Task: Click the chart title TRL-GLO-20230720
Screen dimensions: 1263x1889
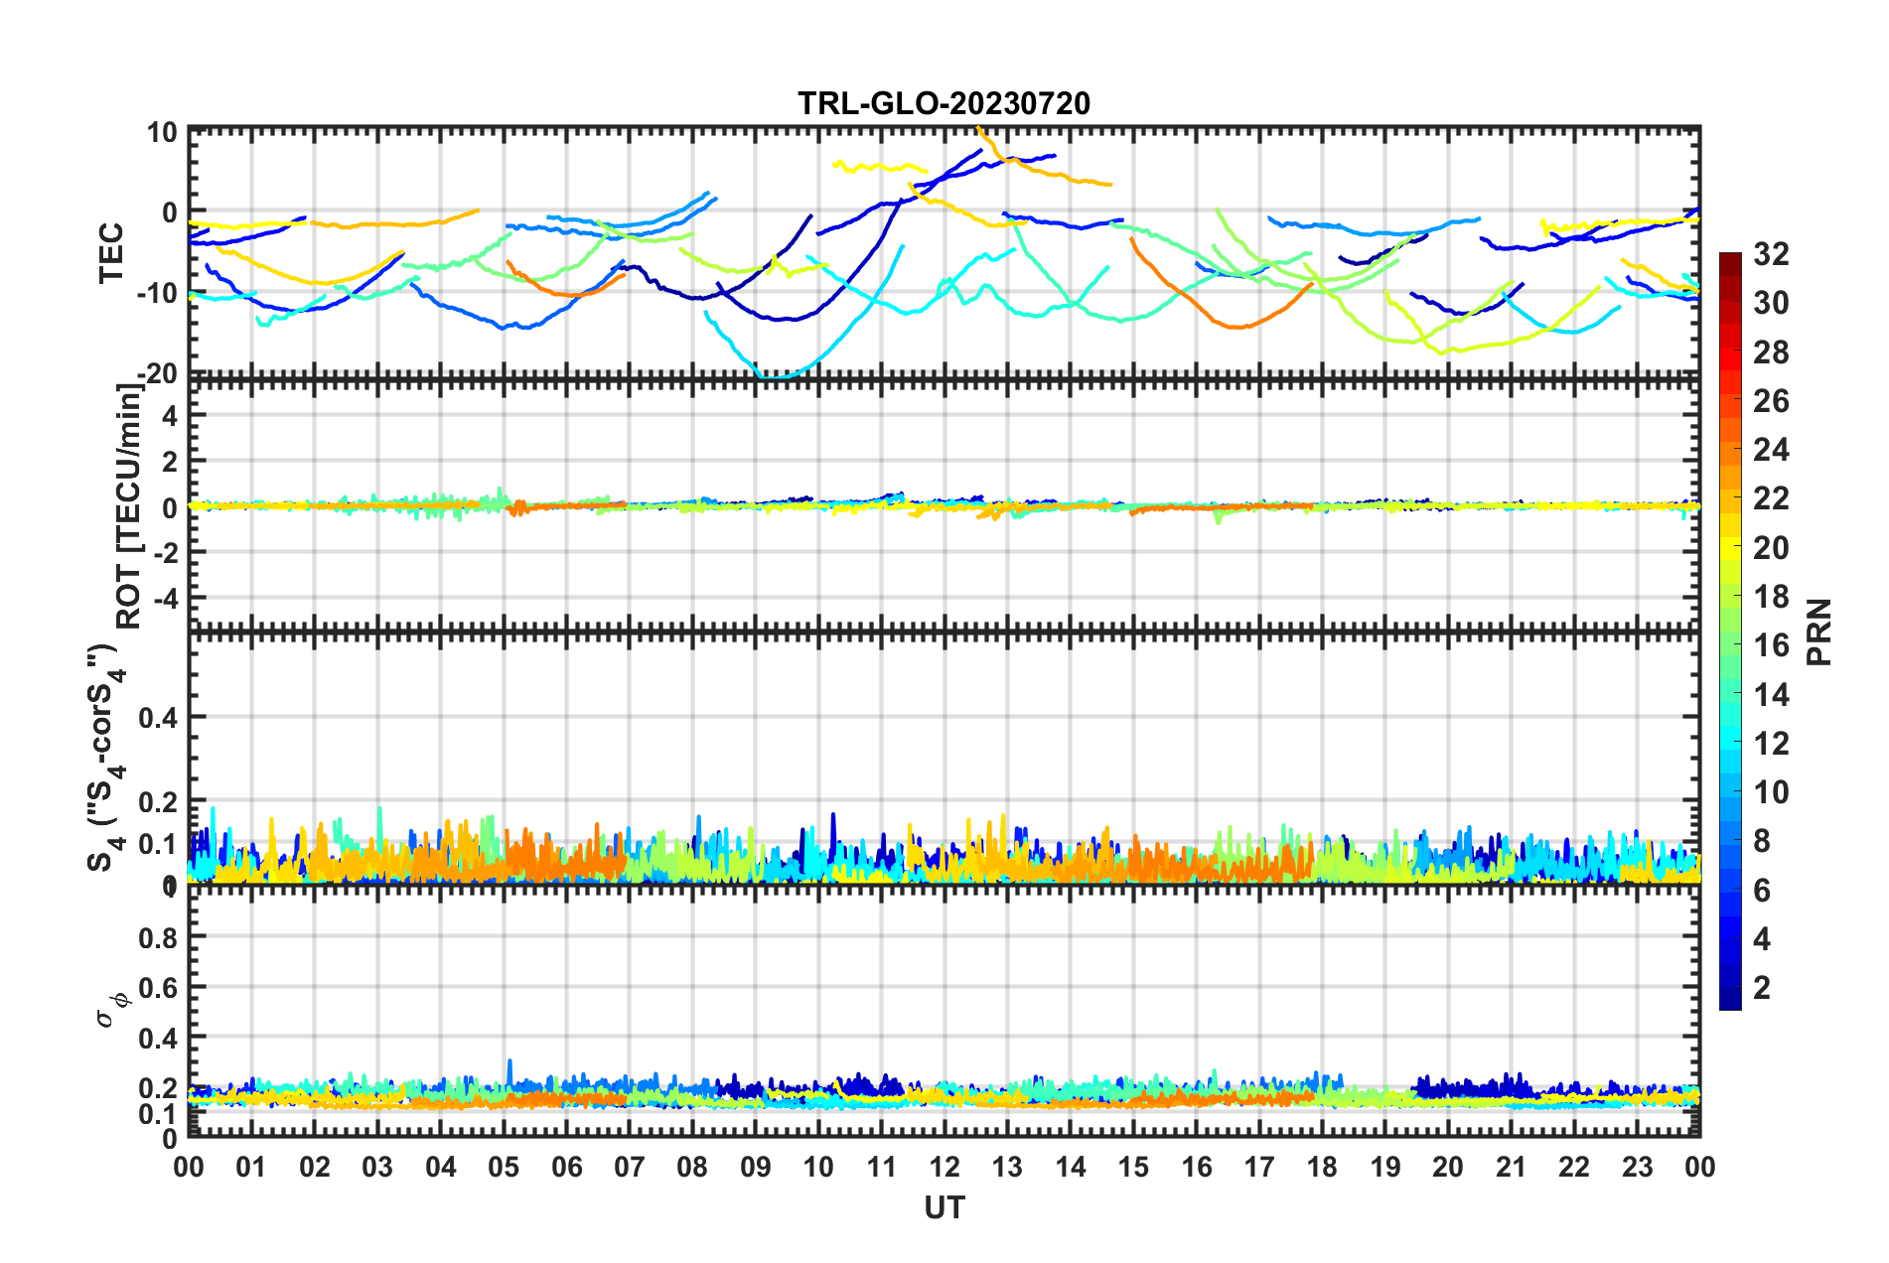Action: [944, 103]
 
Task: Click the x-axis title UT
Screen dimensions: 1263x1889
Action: [944, 1207]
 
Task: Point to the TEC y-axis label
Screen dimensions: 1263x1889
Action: [111, 252]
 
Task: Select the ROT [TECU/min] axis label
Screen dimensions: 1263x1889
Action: [129, 506]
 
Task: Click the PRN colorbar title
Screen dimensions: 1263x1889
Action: [1819, 631]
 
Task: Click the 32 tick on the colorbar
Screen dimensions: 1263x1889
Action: [1771, 255]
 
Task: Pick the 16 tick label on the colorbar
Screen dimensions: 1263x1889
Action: [1771, 646]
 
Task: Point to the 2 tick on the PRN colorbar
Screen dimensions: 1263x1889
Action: [1762, 988]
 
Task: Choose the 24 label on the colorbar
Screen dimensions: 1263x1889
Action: [1771, 451]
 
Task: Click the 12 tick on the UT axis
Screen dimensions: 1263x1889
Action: [944, 1167]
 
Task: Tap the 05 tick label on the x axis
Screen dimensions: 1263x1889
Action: [504, 1167]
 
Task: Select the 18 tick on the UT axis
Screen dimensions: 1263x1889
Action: [1322, 1167]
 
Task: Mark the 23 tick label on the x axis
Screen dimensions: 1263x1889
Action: [1637, 1167]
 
